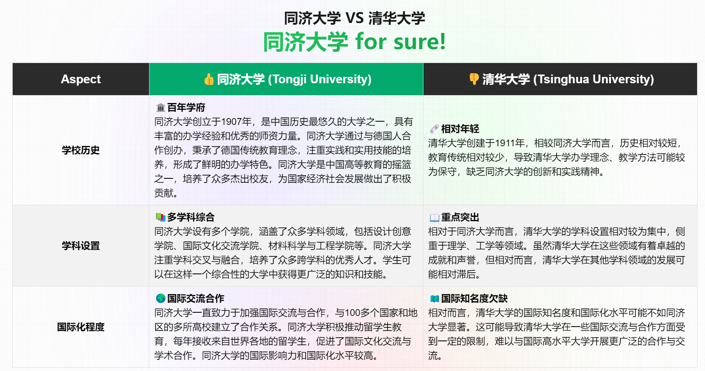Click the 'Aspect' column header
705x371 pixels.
point(80,79)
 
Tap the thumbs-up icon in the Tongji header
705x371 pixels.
point(209,79)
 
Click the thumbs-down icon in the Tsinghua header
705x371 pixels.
point(474,79)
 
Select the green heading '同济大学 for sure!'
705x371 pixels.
point(354,42)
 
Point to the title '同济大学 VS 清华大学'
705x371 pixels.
point(354,18)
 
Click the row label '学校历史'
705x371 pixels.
point(80,150)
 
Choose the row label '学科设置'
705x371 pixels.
point(80,246)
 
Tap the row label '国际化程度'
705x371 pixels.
point(80,327)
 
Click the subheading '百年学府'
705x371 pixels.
point(186,107)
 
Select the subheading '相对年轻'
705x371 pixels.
point(460,129)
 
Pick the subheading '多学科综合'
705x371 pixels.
point(191,217)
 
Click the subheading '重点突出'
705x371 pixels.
point(460,217)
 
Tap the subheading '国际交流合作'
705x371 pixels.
point(195,298)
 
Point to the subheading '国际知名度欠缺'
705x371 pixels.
point(474,298)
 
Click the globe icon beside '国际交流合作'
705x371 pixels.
point(161,298)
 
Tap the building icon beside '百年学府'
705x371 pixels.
point(161,107)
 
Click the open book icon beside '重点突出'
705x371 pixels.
point(435,217)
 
